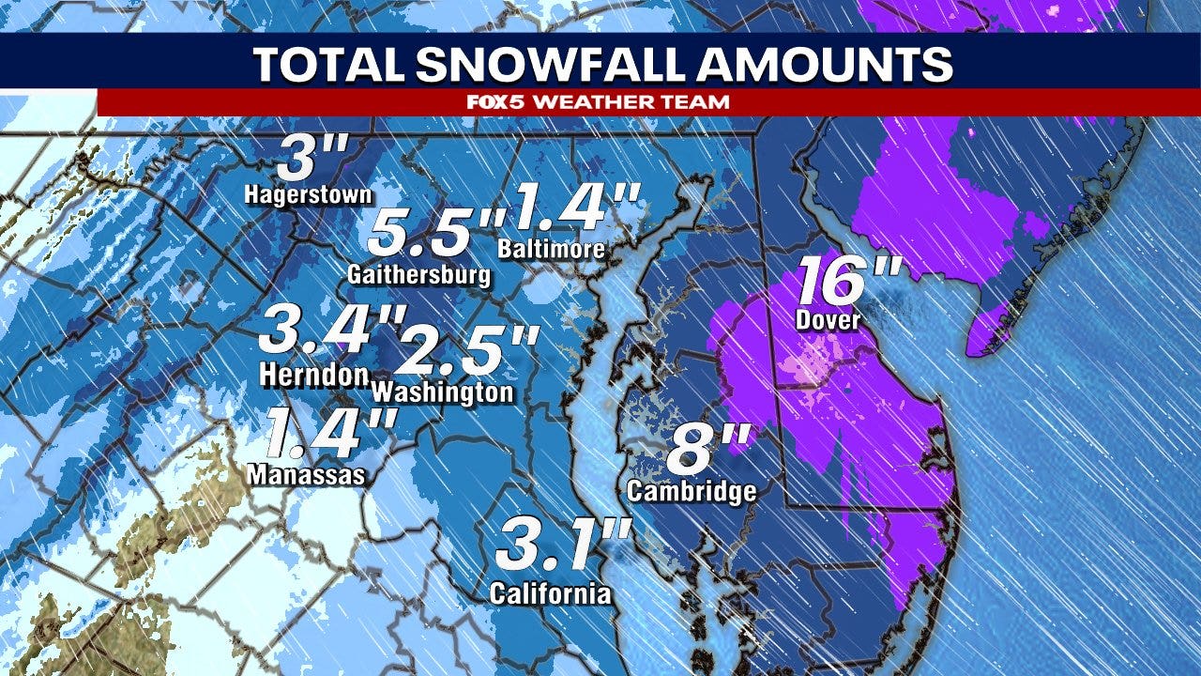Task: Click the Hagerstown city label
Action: pos(309,194)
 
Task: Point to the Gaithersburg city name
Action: pos(418,275)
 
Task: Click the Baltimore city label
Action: pos(552,250)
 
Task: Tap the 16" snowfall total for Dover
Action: pos(849,281)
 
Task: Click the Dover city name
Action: pos(829,319)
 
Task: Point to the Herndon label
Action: pos(313,375)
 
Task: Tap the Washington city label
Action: pos(443,391)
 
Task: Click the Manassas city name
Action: pos(306,475)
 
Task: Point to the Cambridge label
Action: pos(692,490)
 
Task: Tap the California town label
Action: pos(551,593)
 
